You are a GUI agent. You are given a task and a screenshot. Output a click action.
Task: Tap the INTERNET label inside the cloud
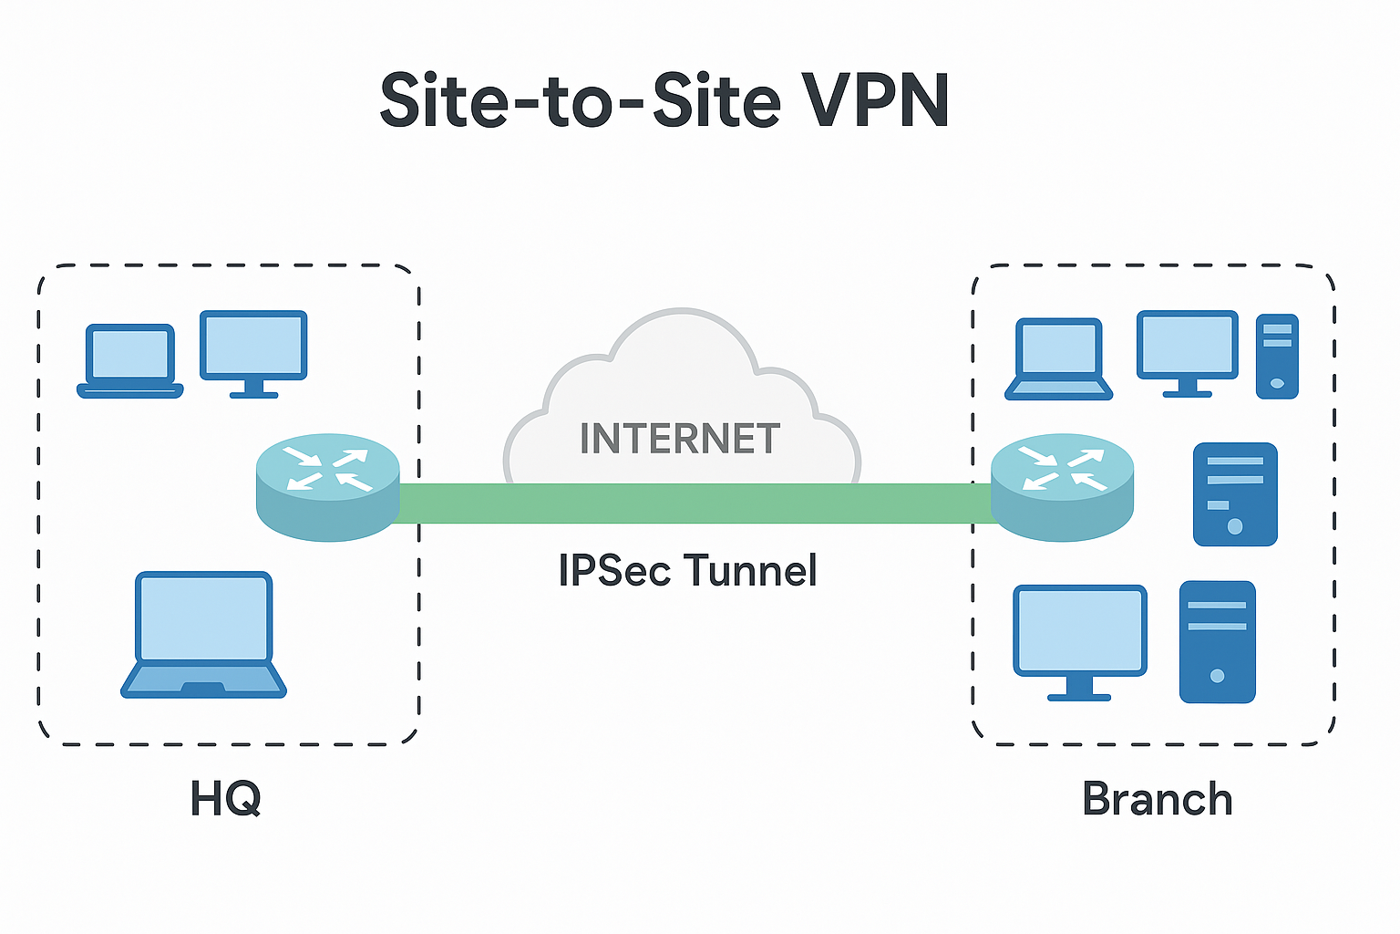(680, 439)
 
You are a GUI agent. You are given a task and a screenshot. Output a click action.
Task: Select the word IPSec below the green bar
(614, 571)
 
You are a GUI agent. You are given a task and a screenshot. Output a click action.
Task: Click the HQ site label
(225, 799)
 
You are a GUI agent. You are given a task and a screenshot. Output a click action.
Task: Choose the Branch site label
(1157, 799)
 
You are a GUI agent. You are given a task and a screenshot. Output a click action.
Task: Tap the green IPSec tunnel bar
(693, 503)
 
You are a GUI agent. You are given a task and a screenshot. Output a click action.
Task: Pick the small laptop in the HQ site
(130, 360)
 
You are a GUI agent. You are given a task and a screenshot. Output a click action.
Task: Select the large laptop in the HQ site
(204, 634)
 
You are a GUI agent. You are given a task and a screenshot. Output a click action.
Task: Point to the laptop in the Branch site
(1058, 358)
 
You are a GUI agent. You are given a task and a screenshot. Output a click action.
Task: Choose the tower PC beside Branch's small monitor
(1277, 356)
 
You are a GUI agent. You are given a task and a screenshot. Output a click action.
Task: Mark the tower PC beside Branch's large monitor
(1217, 641)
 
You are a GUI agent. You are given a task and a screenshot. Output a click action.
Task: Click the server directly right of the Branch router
(1235, 494)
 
